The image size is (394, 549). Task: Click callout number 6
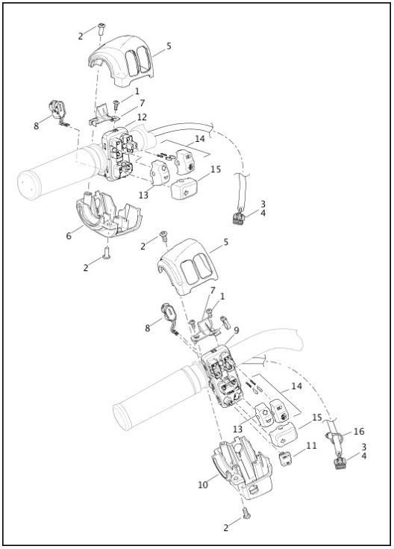69,235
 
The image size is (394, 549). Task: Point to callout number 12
141,117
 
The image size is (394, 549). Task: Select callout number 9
237,329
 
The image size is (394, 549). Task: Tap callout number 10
202,485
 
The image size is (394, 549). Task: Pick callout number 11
312,445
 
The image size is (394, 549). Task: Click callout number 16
359,432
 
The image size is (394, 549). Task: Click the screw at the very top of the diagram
101,29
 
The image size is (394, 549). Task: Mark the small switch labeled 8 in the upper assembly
57,108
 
